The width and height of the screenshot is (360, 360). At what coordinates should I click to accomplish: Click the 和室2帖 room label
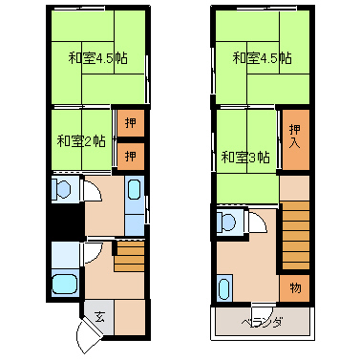coord(81,140)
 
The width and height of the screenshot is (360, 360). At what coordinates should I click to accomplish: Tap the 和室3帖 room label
coord(245,157)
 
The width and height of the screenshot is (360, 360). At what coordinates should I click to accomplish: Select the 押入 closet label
coord(295,137)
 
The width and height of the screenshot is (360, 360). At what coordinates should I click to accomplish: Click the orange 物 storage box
coord(295,288)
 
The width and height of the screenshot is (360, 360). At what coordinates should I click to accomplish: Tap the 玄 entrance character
coord(99,317)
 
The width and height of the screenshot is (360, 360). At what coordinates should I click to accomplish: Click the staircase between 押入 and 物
coord(296,235)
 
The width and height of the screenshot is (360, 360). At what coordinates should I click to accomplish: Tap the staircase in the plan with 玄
coord(130,257)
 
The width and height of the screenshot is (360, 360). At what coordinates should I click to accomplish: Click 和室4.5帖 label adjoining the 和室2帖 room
coord(97,58)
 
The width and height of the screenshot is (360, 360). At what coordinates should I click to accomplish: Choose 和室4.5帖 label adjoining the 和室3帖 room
coord(262,58)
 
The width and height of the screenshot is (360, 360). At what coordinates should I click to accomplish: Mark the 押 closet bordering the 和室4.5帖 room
coord(131,123)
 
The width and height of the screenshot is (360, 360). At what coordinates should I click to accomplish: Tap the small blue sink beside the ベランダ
coord(224,287)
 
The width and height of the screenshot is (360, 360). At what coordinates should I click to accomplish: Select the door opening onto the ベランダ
coord(262,306)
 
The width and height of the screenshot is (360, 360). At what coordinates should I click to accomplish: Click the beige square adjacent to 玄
coord(130,317)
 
